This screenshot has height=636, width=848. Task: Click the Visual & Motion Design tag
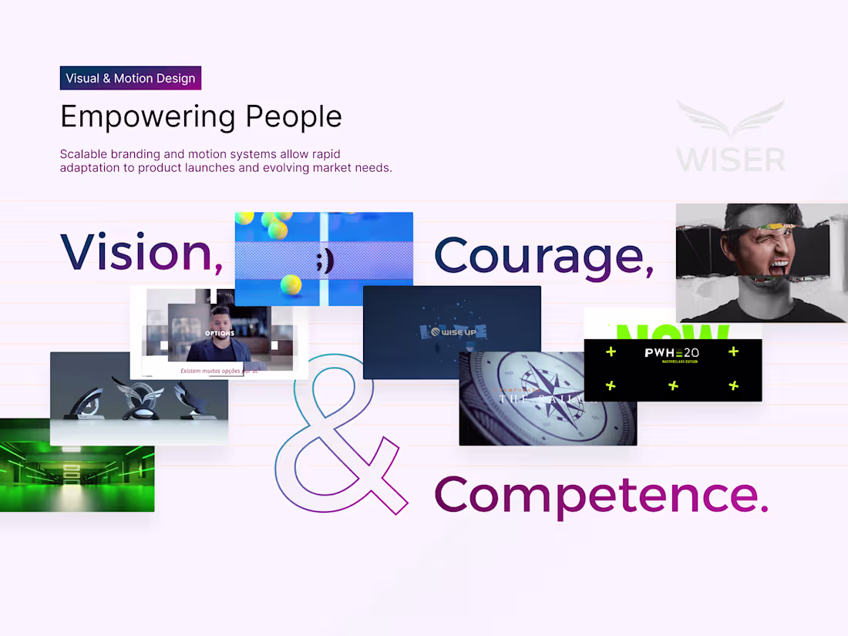[130, 78]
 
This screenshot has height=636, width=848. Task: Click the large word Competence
[601, 494]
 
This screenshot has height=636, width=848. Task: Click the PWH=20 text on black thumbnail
[671, 353]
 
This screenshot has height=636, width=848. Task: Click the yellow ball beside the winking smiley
[291, 285]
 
